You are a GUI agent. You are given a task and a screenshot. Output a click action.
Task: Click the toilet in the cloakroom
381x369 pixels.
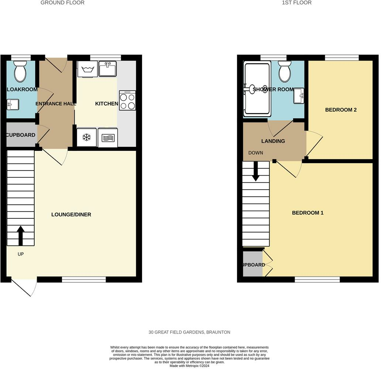20,72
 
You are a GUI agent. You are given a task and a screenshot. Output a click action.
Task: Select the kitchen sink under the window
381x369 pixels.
107,69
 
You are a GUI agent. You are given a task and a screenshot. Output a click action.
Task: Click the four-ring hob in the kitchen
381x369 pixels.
127,100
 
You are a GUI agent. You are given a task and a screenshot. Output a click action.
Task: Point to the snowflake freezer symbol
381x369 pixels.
86,138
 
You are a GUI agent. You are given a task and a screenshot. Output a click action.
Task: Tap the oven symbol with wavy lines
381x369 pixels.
108,138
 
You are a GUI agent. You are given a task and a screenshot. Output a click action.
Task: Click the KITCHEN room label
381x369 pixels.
107,104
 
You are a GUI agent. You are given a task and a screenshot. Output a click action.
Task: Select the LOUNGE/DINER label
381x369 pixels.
71,214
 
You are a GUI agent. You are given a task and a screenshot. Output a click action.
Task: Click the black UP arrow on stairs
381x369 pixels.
20,236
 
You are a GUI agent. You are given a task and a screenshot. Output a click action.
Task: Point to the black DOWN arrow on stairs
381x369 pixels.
255,172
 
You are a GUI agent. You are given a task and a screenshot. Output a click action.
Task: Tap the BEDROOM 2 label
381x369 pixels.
341,110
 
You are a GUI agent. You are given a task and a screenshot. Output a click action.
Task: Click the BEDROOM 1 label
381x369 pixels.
308,213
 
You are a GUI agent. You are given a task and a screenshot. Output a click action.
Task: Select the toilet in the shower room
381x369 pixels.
284,72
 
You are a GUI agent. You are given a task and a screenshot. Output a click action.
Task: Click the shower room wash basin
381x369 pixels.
299,96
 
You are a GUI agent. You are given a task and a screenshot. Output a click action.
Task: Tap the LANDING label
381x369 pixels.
273,141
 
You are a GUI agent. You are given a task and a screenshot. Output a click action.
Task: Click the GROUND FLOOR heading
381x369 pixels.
62,3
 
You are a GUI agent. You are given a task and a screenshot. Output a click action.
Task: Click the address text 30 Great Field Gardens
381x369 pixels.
189,332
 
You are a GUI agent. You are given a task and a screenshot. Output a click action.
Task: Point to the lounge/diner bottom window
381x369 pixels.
84,280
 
